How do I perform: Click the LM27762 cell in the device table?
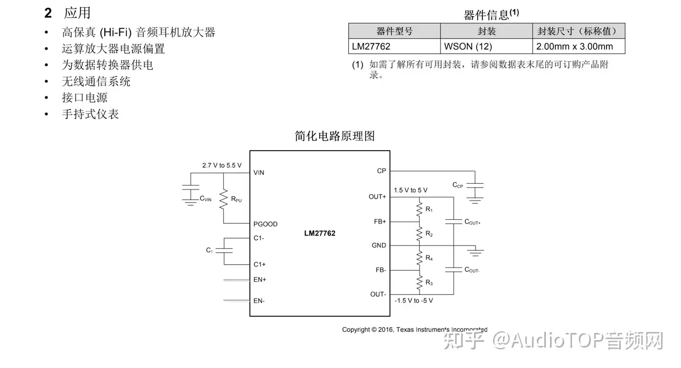pyautogui.click(x=394, y=46)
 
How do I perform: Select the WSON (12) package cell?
pyautogui.click(x=487, y=46)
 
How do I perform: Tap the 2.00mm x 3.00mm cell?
pyautogui.click(x=579, y=46)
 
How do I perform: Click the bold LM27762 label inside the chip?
pyautogui.click(x=320, y=233)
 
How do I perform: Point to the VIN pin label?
pyautogui.click(x=259, y=173)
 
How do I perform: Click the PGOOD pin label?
pyautogui.click(x=266, y=224)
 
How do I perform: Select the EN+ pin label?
pyautogui.click(x=260, y=280)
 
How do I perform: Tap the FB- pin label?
pyautogui.click(x=381, y=270)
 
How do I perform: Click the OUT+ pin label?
pyautogui.click(x=377, y=197)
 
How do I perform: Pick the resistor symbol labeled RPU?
pyautogui.click(x=224, y=199)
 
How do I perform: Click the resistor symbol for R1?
pyautogui.click(x=420, y=209)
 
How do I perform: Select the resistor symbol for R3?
pyautogui.click(x=420, y=282)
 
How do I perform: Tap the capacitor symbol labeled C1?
pyautogui.click(x=224, y=251)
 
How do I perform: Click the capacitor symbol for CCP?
pyautogui.click(x=475, y=185)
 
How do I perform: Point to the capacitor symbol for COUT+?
pyautogui.click(x=454, y=221)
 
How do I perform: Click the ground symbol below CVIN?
pyautogui.click(x=191, y=203)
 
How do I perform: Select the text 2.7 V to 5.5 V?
pyautogui.click(x=222, y=165)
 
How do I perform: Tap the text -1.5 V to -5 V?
pyautogui.click(x=414, y=300)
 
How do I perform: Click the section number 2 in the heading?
pyautogui.click(x=48, y=13)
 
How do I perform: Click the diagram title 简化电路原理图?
pyautogui.click(x=335, y=136)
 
